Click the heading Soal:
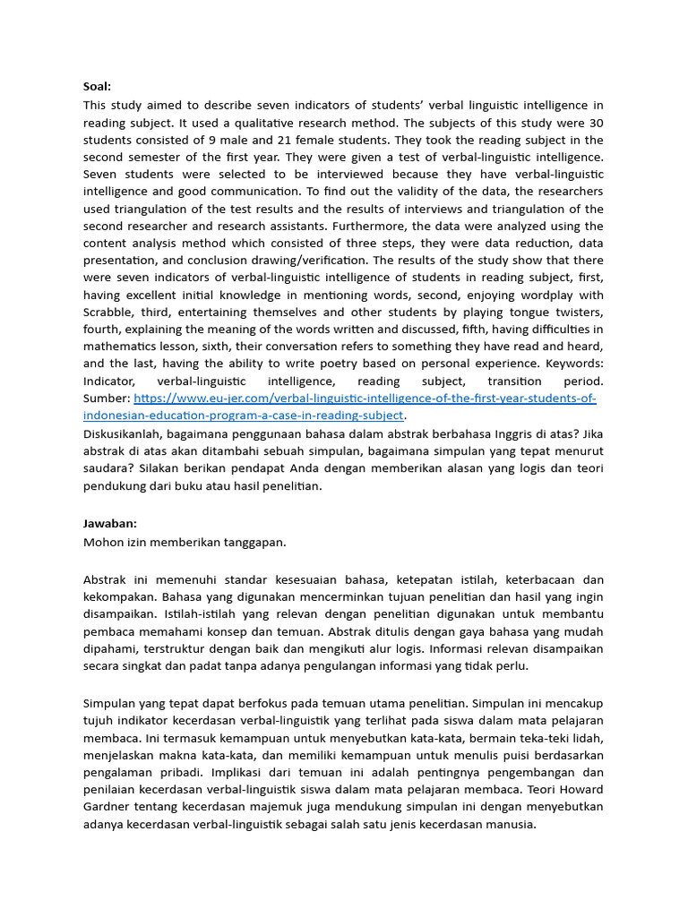click(97, 87)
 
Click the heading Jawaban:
click(109, 523)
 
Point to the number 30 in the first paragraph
click(594, 123)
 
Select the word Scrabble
click(111, 313)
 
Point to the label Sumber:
click(107, 399)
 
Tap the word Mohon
click(103, 542)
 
